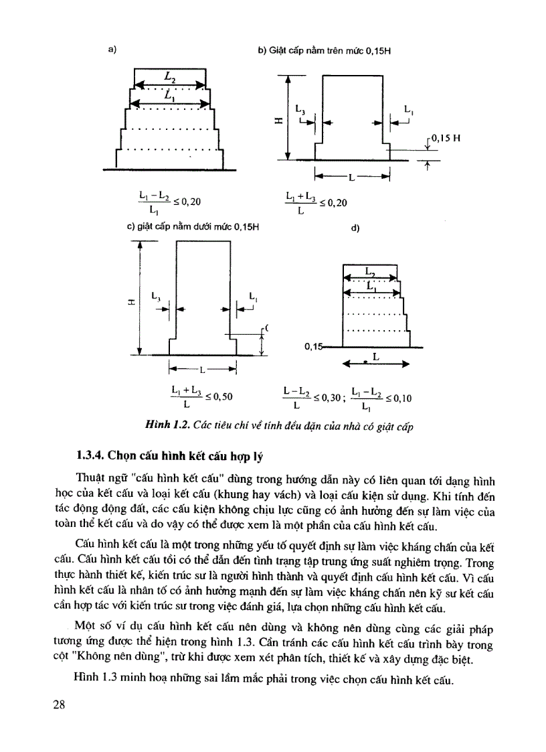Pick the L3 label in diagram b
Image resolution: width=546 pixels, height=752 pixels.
[300, 109]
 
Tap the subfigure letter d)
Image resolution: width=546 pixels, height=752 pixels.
[355, 228]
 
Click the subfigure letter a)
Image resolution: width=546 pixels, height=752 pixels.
[112, 49]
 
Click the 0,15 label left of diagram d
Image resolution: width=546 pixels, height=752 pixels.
[312, 346]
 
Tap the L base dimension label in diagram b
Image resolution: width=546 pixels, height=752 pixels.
[352, 177]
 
